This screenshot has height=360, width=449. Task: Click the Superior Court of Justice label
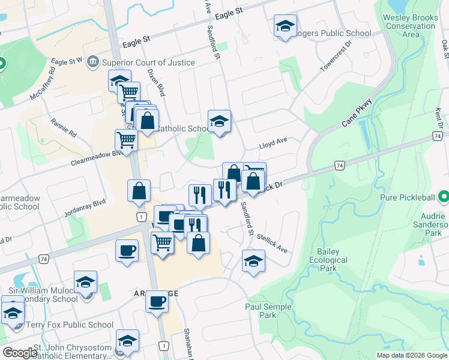pyautogui.click(x=148, y=62)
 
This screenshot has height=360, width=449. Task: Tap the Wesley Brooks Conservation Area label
pyautogui.click(x=411, y=26)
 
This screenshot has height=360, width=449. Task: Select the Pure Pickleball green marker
pyautogui.click(x=443, y=197)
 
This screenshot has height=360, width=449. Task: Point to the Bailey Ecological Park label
pyautogui.click(x=328, y=260)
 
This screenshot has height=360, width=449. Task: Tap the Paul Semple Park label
pyautogui.click(x=268, y=311)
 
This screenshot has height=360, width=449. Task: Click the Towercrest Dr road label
pyautogui.click(x=337, y=58)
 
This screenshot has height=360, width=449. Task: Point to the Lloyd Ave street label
pyautogui.click(x=273, y=144)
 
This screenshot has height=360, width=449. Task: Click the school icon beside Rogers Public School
pyautogui.click(x=285, y=26)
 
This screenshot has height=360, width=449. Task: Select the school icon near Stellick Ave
pyautogui.click(x=253, y=261)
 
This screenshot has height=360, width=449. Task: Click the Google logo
pyautogui.click(x=19, y=353)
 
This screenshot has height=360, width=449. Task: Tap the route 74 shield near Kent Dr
pyautogui.click(x=436, y=137)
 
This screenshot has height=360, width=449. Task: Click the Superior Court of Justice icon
pyautogui.click(x=92, y=61)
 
